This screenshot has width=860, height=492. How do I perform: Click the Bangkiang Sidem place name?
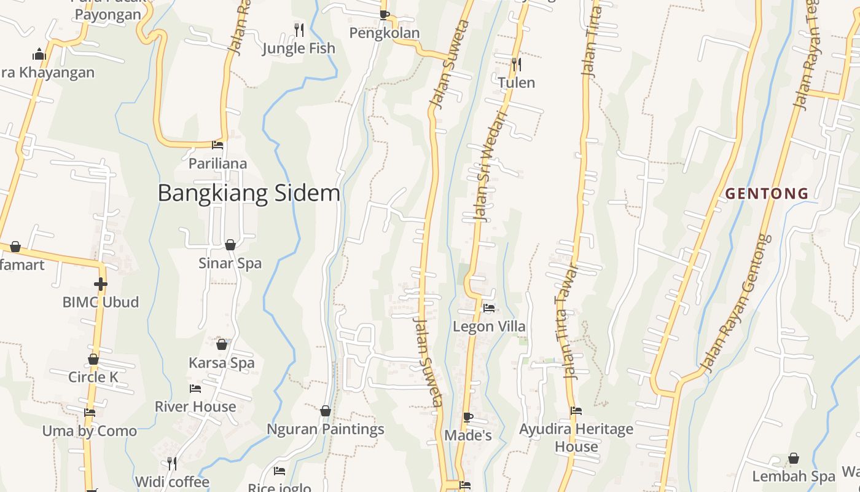pos(249,193)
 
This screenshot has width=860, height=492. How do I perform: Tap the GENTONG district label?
pos(767,194)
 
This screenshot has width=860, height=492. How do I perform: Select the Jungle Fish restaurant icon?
pos(299,29)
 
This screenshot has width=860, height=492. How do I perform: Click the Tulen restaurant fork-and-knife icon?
pos(516,63)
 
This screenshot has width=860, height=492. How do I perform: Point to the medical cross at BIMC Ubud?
pos(101,284)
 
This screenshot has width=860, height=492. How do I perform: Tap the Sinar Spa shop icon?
pos(230,245)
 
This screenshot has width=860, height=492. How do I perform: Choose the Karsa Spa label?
pos(221,363)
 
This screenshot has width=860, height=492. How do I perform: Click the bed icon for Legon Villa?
pos(489,307)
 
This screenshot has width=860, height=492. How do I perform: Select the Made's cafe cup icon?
pos(468,417)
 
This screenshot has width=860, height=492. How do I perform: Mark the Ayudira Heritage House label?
pos(576,437)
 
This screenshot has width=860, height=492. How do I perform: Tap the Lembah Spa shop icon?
pos(794,458)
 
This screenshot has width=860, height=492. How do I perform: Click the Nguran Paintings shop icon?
pos(326,410)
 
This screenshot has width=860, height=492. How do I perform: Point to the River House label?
pos(195,407)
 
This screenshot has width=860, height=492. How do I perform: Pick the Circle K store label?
pos(93,377)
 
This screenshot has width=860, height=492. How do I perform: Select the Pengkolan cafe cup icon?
pos(385,15)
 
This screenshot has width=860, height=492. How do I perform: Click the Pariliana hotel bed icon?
pos(217,145)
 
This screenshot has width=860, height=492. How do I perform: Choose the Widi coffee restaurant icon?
pos(172,462)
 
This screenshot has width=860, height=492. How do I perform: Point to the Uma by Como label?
pos(90,431)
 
